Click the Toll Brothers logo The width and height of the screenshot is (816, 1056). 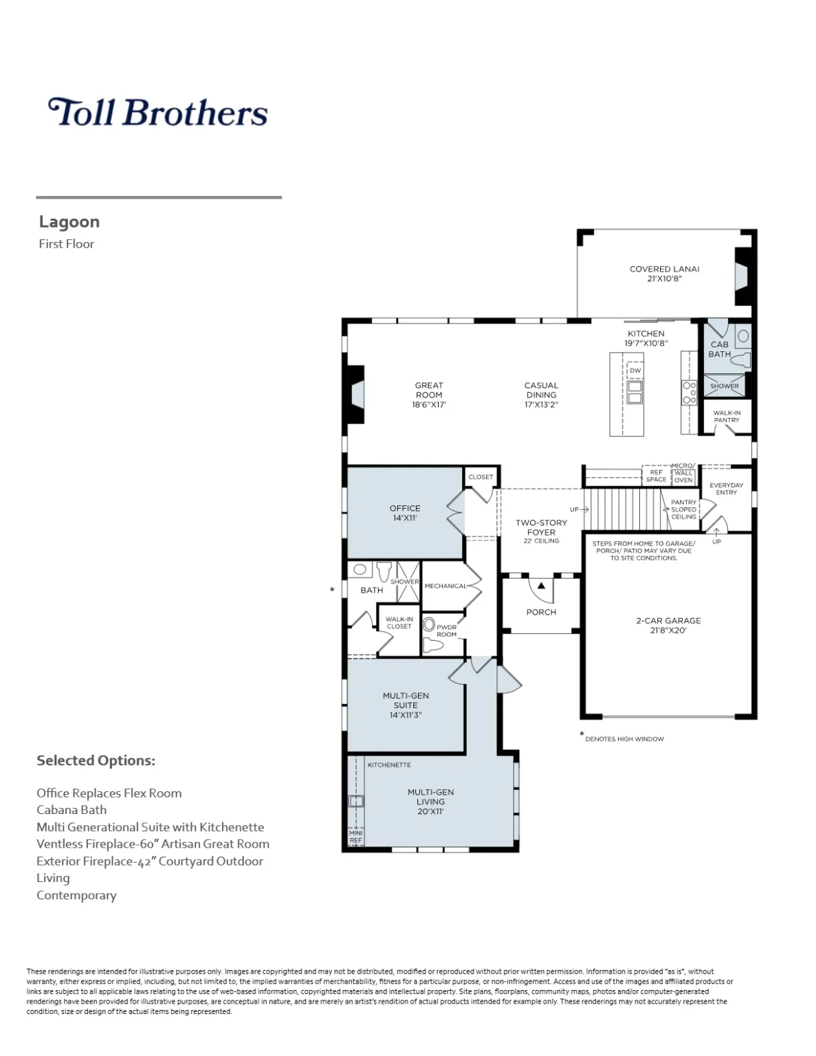[x=157, y=113]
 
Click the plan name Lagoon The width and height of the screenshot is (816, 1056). [x=69, y=221]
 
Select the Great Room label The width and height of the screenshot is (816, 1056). [x=429, y=390]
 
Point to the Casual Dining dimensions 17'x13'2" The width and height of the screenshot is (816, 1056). [x=541, y=405]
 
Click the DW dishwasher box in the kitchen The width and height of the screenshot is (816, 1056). [x=635, y=371]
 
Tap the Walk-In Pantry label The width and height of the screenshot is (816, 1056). [x=727, y=417]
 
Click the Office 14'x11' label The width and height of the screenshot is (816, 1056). [x=405, y=513]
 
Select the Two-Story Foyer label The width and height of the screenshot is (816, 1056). [x=541, y=527]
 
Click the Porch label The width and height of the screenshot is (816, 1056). [x=541, y=612]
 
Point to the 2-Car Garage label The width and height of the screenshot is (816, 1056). [x=668, y=621]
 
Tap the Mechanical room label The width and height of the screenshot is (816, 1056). [x=445, y=586]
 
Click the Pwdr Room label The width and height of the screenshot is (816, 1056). [x=447, y=630]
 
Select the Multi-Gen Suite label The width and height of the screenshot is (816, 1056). [x=406, y=701]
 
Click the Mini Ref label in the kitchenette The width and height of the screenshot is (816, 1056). [x=355, y=837]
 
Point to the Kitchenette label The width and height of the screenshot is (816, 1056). [x=389, y=764]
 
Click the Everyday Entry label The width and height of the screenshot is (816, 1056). [x=727, y=488]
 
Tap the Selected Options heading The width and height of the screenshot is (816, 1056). [x=96, y=760]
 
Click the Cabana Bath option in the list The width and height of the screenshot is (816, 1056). [x=71, y=810]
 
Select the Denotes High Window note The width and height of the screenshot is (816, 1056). [x=624, y=739]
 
